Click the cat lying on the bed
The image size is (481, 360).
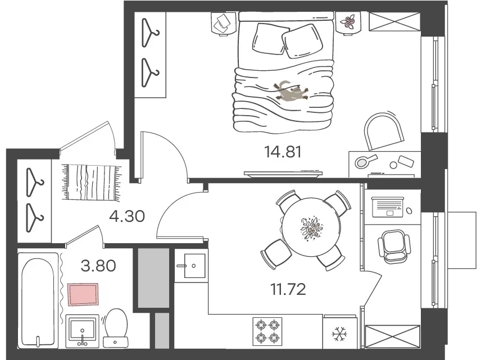[x=292, y=91]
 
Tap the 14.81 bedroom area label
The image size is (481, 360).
[x=283, y=152]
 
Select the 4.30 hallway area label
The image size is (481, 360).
[x=127, y=216]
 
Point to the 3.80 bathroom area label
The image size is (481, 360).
[x=98, y=266]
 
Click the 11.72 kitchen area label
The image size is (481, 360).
[x=288, y=289]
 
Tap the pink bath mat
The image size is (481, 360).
[x=83, y=294]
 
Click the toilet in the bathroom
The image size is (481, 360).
[x=116, y=327]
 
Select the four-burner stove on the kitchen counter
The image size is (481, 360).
[x=267, y=331]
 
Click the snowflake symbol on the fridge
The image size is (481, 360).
[x=339, y=334]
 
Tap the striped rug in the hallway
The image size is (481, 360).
[x=92, y=183]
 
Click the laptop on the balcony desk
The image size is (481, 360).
[x=387, y=207]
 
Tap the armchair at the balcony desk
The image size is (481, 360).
[x=394, y=247]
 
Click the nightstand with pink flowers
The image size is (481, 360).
[x=349, y=22]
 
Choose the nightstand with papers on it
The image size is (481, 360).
[x=224, y=23]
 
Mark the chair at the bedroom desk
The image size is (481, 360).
[x=384, y=131]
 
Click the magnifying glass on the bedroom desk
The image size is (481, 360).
[x=365, y=161]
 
